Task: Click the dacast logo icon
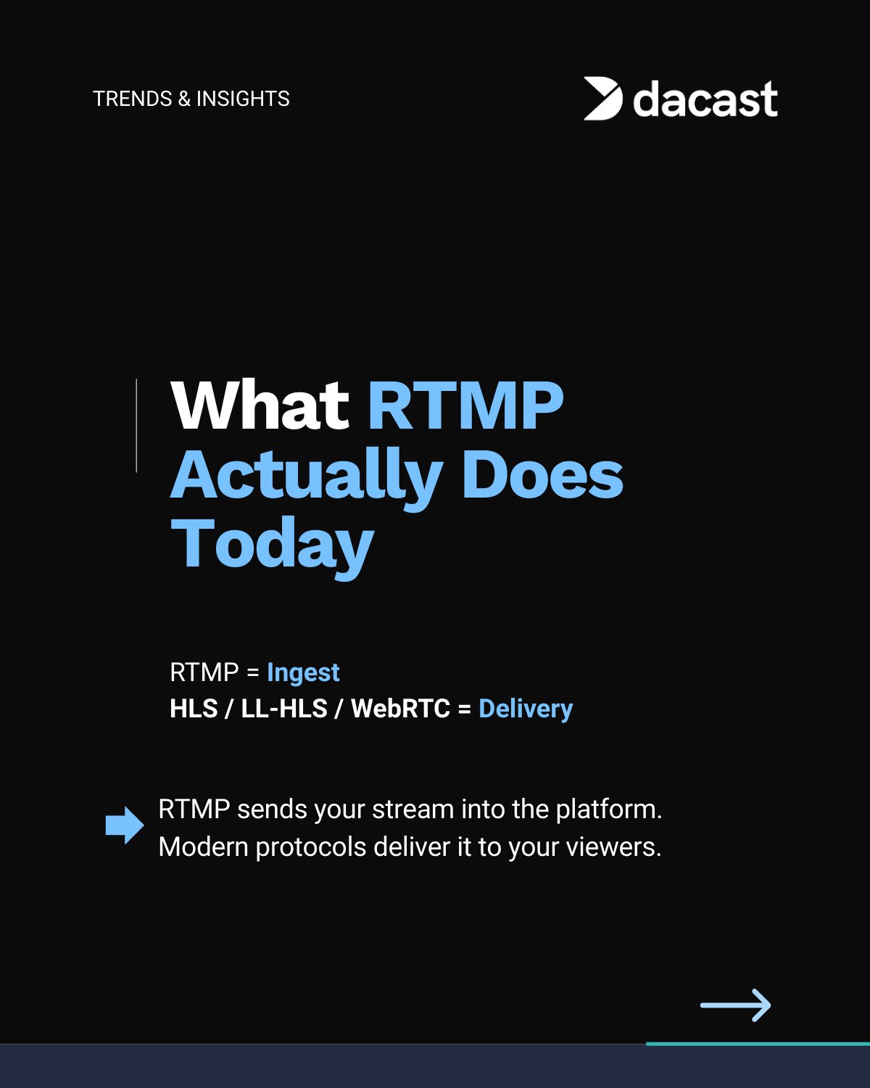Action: tap(602, 99)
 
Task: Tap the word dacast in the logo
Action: tap(705, 99)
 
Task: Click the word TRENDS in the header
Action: tap(133, 99)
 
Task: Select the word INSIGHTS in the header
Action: tap(243, 99)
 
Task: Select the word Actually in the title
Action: tap(307, 478)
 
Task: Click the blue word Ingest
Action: tap(303, 673)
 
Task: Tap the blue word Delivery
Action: tap(526, 709)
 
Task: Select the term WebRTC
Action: tap(400, 709)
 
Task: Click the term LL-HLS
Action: tap(284, 709)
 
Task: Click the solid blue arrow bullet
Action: tap(125, 825)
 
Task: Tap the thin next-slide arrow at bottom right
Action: tap(736, 1005)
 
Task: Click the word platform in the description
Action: tap(609, 809)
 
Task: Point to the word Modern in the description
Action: tap(203, 847)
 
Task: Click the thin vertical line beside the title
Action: tap(136, 425)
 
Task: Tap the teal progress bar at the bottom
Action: tap(758, 1044)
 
